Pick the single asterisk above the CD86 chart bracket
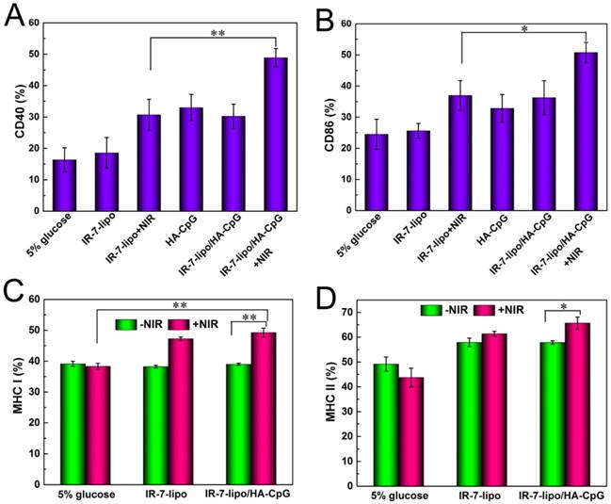point(523,29)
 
